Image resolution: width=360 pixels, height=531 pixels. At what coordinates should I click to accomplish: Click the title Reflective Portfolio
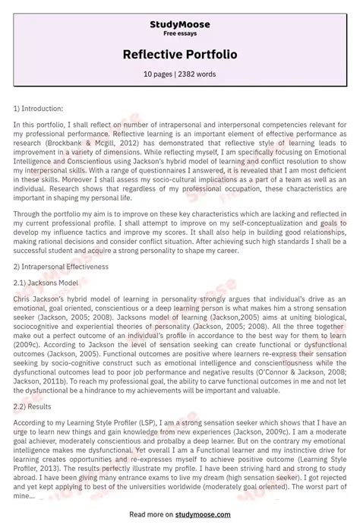(x=180, y=55)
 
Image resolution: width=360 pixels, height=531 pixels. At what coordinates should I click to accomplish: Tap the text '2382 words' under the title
(x=200, y=74)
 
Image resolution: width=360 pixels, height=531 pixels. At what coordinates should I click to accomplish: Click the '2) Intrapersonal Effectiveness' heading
(x=60, y=267)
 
